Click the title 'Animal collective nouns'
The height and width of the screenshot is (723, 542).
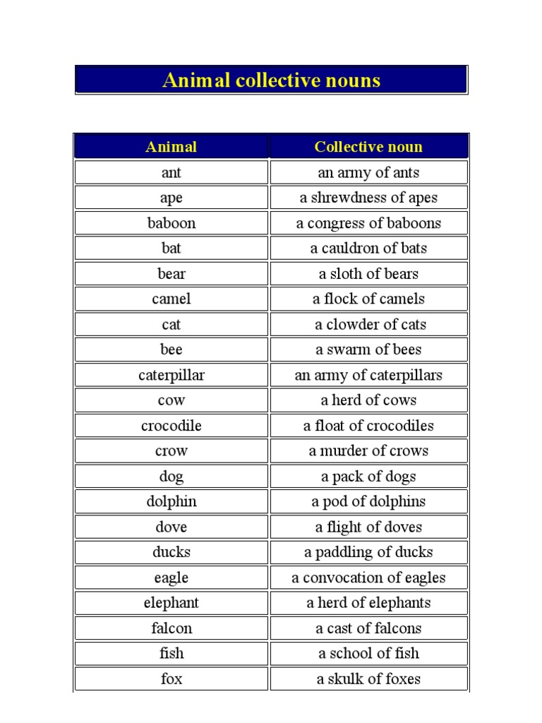271,80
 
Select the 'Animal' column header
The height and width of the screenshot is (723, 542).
171,147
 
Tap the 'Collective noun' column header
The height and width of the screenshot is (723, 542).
368,147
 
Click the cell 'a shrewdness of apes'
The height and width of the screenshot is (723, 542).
368,198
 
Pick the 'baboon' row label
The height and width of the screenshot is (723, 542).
171,223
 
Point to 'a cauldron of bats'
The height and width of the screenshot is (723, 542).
368,249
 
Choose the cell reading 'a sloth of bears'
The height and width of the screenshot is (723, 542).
368,274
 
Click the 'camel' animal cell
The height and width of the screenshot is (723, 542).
171,299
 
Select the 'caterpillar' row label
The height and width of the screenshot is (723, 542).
171,375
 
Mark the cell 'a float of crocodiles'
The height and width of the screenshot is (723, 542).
368,426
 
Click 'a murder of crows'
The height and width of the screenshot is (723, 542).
368,451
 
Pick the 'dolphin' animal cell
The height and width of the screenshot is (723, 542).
171,501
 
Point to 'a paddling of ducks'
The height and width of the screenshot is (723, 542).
368,552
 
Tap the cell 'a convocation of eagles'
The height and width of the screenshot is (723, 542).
368,578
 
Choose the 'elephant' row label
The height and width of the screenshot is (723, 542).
171,603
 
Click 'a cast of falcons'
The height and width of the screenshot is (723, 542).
368,628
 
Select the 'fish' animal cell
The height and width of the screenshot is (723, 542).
171,654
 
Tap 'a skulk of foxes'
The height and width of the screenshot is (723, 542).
368,679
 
